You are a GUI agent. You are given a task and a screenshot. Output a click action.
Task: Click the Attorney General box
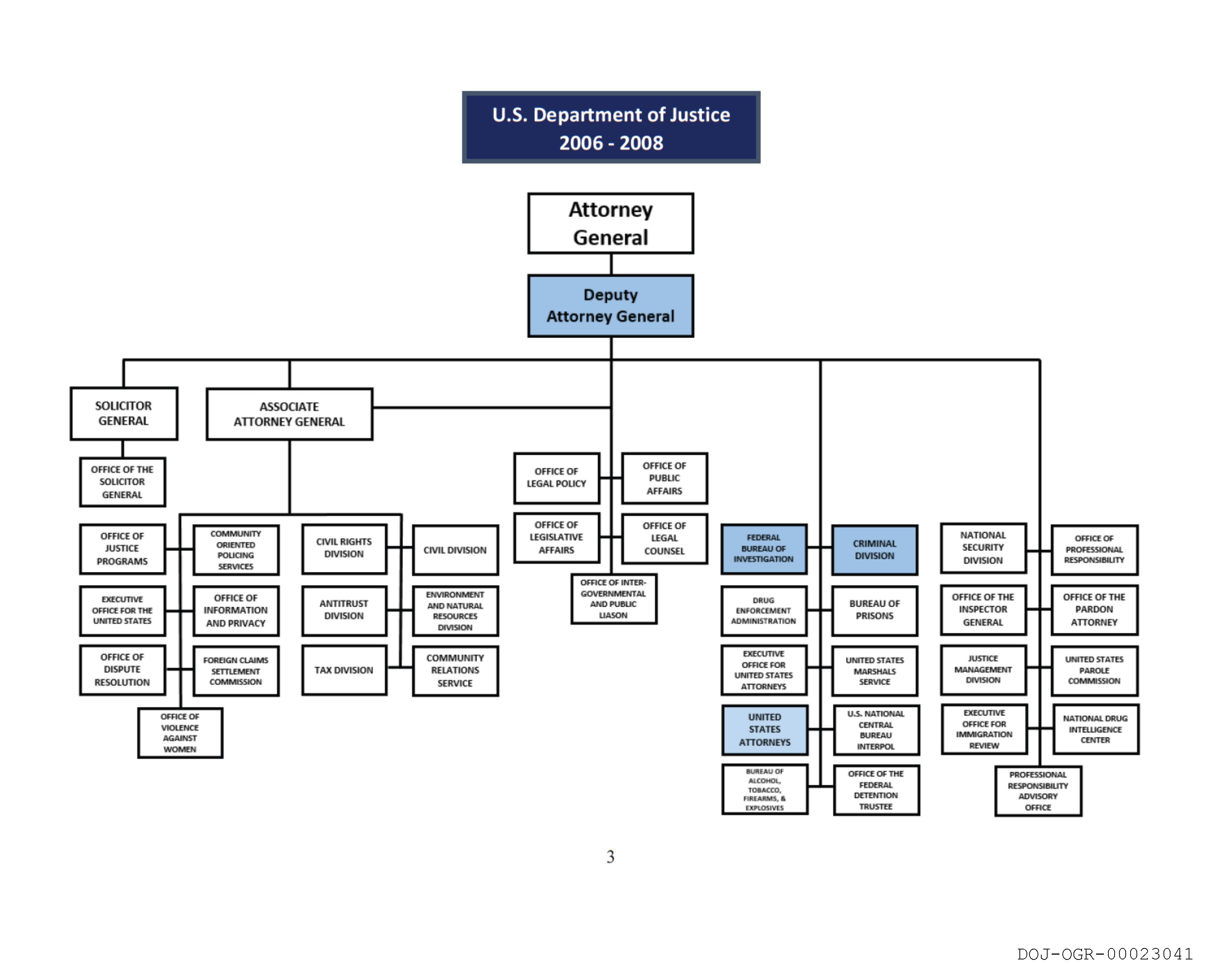tap(610, 223)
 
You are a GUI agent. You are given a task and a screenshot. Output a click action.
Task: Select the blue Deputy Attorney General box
tap(610, 306)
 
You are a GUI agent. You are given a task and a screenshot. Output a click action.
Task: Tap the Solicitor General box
tap(123, 413)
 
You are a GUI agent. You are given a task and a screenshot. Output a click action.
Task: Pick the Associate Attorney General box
tap(289, 414)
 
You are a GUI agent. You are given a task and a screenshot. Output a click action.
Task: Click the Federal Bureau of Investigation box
tap(763, 549)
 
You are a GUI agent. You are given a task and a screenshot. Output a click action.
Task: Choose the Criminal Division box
tap(874, 550)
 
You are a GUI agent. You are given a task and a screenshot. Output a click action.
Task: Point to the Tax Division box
tap(344, 670)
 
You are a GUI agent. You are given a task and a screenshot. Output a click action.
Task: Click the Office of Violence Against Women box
tap(180, 733)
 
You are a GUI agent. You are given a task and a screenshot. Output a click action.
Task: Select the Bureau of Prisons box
tap(874, 610)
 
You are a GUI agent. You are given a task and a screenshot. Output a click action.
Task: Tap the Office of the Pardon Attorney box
tap(1094, 610)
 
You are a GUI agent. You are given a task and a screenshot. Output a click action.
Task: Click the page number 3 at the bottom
tap(610, 857)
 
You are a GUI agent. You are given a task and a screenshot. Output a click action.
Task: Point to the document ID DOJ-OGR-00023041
tap(1105, 954)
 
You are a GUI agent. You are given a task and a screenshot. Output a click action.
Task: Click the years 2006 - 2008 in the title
tap(611, 143)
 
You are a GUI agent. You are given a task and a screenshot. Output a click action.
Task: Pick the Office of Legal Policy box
tap(556, 478)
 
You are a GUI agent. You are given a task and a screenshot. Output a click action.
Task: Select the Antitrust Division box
tap(344, 610)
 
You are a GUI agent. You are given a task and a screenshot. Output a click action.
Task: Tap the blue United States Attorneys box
tap(764, 730)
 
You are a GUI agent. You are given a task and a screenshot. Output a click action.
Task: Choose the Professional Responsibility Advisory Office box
tap(1038, 791)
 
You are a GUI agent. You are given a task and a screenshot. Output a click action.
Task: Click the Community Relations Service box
tap(455, 671)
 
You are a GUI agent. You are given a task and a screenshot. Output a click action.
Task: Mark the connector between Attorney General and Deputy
tap(611, 264)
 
